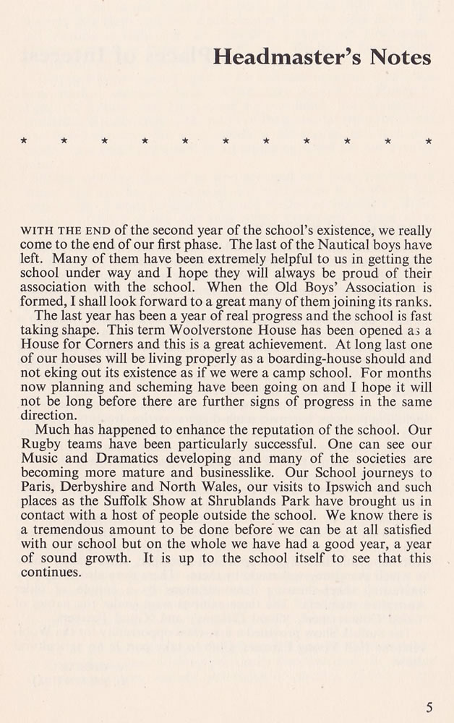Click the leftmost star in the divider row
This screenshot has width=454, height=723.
pos(24,140)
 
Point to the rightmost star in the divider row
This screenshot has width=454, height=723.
pos(429,140)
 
